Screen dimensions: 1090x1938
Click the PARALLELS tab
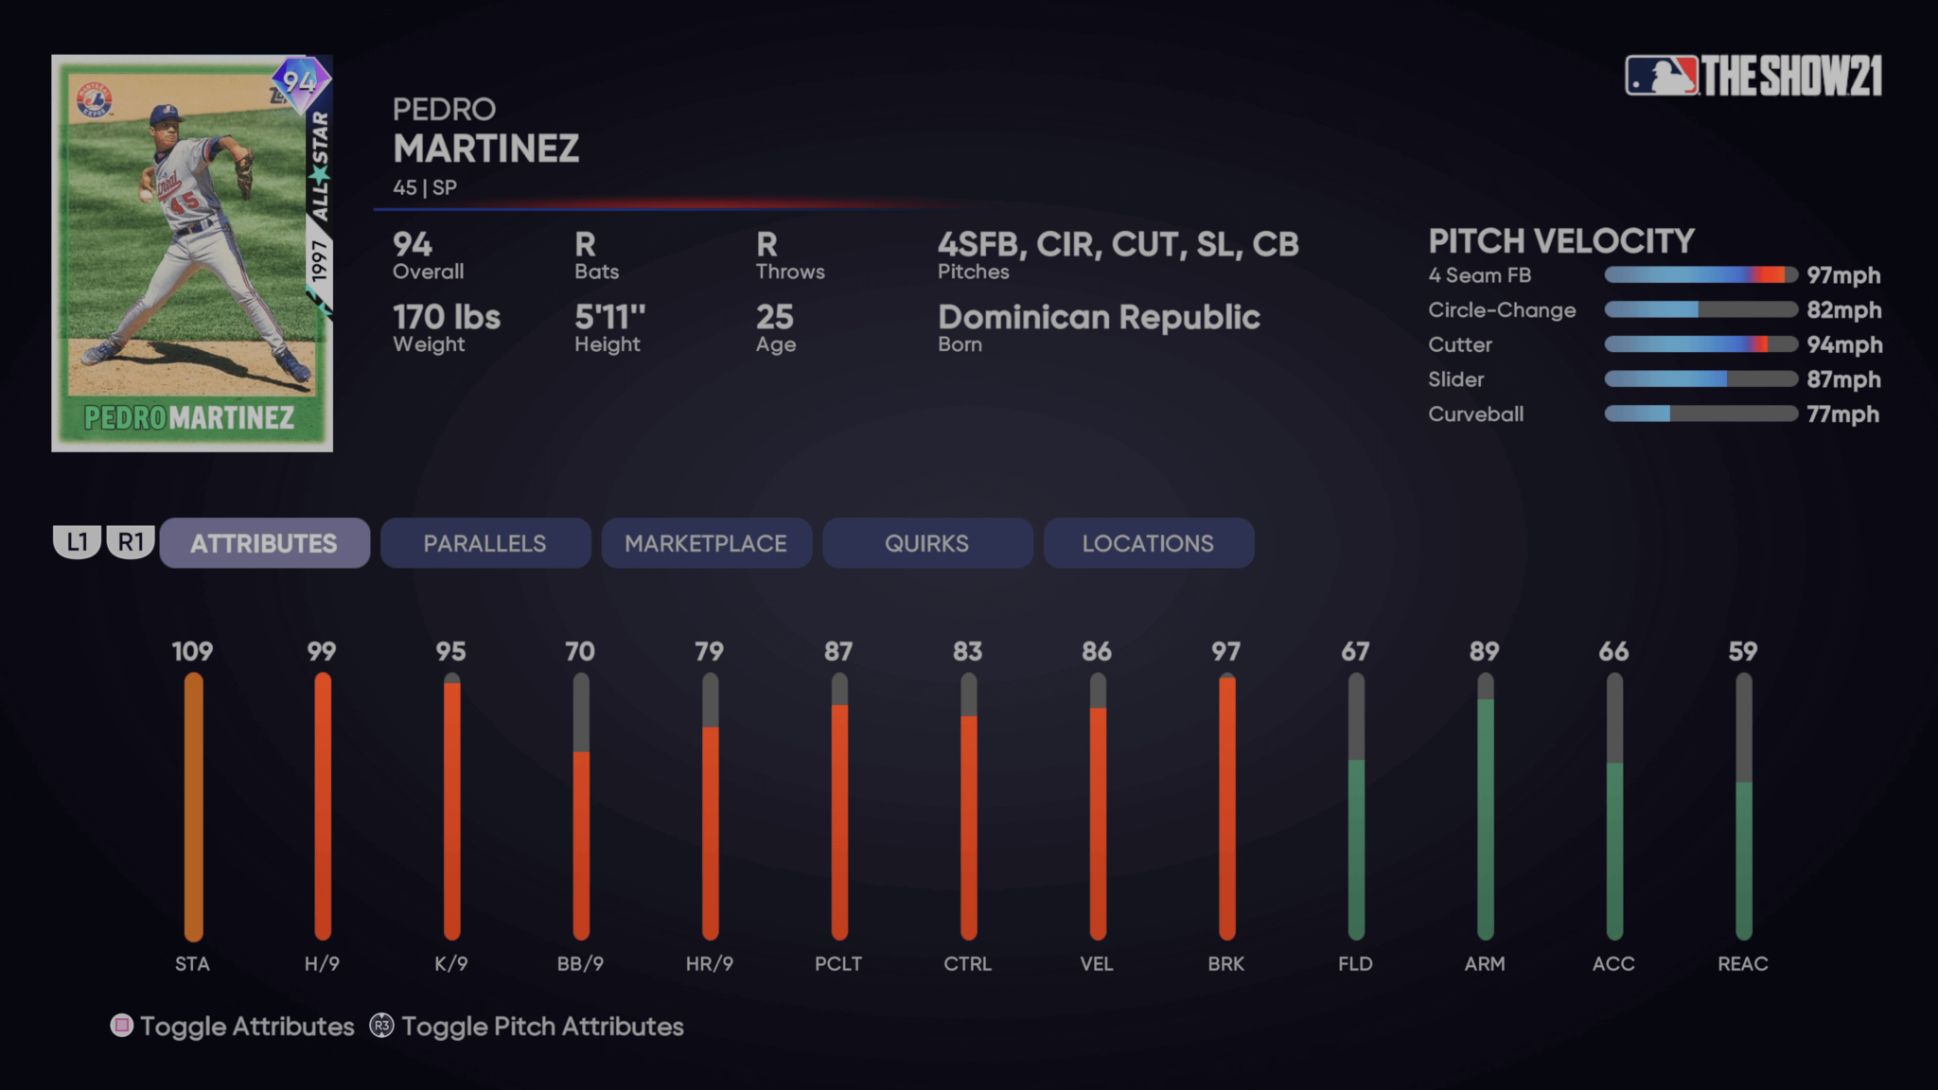pos(484,543)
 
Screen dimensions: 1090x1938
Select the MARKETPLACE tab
pos(706,543)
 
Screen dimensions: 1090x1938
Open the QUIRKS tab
pos(926,543)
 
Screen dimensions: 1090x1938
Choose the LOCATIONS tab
pos(1148,543)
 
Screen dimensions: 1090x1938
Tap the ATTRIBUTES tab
pos(264,543)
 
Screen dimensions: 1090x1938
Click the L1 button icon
pos(77,542)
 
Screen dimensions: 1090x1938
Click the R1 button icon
pos(131,542)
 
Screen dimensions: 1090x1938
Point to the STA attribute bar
pos(193,806)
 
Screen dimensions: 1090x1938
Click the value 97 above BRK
pos(1225,651)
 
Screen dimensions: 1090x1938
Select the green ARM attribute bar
pos(1485,814)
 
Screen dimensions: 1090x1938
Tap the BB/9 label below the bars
pos(580,963)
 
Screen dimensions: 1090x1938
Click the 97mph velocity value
pos(1842,275)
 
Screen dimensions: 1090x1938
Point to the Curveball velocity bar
pos(1700,413)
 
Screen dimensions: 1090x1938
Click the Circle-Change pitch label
pos(1502,310)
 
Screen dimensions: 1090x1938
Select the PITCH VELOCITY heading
pos(1560,241)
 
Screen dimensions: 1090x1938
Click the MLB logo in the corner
pos(1661,76)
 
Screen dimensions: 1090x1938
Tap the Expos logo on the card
pos(95,99)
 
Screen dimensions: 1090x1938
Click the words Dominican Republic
pos(1099,317)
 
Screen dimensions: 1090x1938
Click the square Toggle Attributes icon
pos(122,1026)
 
